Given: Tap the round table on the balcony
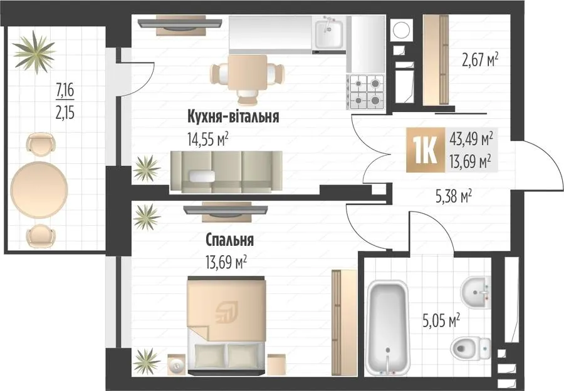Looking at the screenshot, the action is [39, 189].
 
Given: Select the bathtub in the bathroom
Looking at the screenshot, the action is [388, 327].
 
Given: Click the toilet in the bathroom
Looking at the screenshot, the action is [471, 348].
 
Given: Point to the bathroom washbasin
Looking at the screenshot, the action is [476, 292].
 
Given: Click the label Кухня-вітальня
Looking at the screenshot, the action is [233, 117].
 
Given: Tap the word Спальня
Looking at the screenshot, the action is [230, 240].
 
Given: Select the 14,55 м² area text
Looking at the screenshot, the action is [208, 139].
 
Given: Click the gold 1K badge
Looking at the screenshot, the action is [426, 150].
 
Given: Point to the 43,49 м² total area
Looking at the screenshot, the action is [471, 139].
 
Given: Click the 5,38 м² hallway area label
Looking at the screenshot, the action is [454, 196].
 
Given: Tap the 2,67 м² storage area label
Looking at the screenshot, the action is [480, 60].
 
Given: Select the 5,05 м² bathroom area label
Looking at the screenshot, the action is [442, 321].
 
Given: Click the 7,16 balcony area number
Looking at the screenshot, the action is [65, 90].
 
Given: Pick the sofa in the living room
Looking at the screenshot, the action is [226, 172].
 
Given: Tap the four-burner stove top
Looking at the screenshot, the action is [366, 92].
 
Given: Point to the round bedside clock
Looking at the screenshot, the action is [177, 365].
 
